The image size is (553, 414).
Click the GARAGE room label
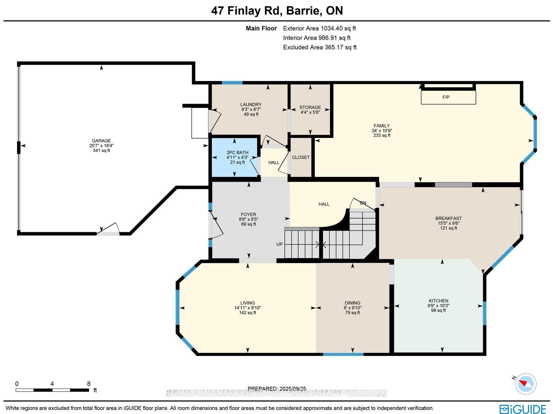[101, 141]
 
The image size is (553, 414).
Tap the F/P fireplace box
[448, 97]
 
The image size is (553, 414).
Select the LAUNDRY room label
[251, 104]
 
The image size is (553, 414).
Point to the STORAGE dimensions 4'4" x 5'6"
[310, 112]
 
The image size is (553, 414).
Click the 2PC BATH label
[237, 153]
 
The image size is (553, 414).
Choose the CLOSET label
[301, 157]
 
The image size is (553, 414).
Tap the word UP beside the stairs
[279, 244]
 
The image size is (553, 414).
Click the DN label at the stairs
[363, 203]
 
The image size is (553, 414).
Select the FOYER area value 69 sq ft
[249, 224]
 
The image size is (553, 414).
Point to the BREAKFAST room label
[448, 218]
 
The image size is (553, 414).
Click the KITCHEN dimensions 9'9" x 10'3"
[438, 305]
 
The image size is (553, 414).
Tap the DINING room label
[353, 303]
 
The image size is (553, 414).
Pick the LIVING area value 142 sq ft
[247, 312]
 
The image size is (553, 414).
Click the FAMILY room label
[382, 126]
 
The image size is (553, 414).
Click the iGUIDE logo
[523, 408]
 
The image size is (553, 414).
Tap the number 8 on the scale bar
[89, 384]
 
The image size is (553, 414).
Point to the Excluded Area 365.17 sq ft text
[320, 47]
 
